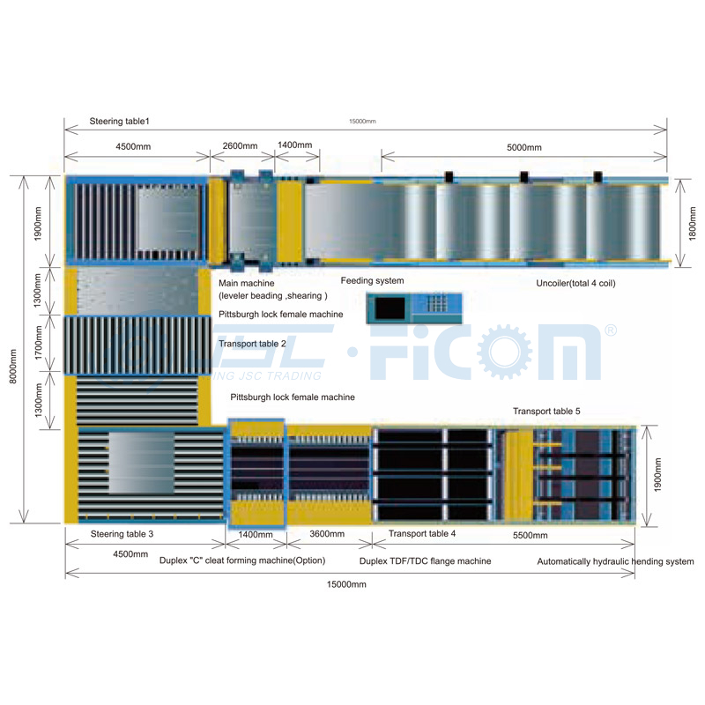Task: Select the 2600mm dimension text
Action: tap(240, 145)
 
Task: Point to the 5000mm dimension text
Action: tap(523, 147)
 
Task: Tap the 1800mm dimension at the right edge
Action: tap(693, 219)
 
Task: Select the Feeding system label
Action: tap(372, 281)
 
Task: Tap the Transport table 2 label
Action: tap(253, 344)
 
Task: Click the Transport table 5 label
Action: tap(546, 411)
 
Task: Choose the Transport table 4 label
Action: tap(422, 533)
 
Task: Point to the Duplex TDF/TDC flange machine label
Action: tap(426, 561)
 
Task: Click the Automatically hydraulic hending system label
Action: tap(615, 561)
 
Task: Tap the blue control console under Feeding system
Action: tap(413, 307)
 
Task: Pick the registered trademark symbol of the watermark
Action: tap(610, 330)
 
